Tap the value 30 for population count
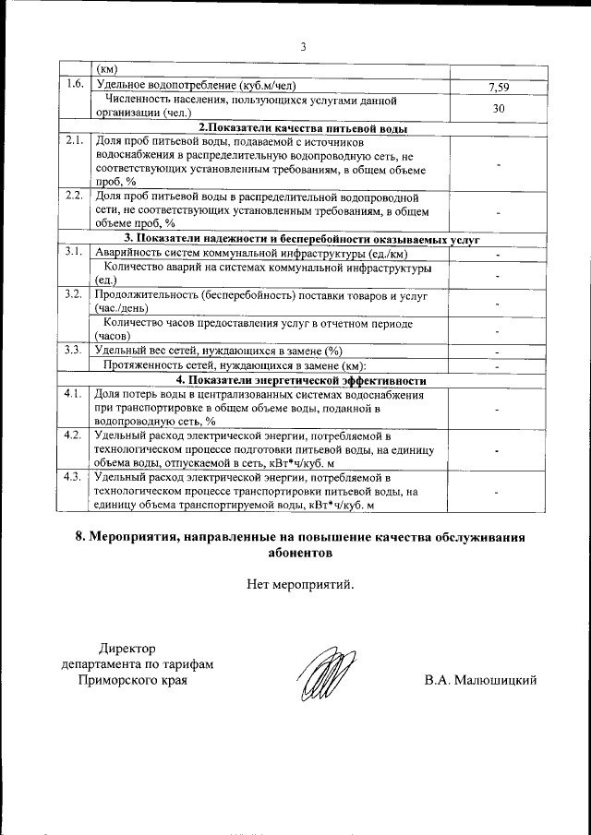(x=498, y=107)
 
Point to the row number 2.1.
(x=76, y=142)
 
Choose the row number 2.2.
(x=76, y=197)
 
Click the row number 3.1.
(x=76, y=252)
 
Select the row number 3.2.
(x=76, y=295)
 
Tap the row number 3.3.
(x=76, y=350)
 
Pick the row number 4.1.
(x=76, y=394)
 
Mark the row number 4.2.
(x=76, y=435)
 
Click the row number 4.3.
(x=76, y=477)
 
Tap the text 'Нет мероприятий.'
(x=300, y=583)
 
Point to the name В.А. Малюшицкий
(x=480, y=681)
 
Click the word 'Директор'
(x=129, y=649)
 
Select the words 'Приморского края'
(x=130, y=681)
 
